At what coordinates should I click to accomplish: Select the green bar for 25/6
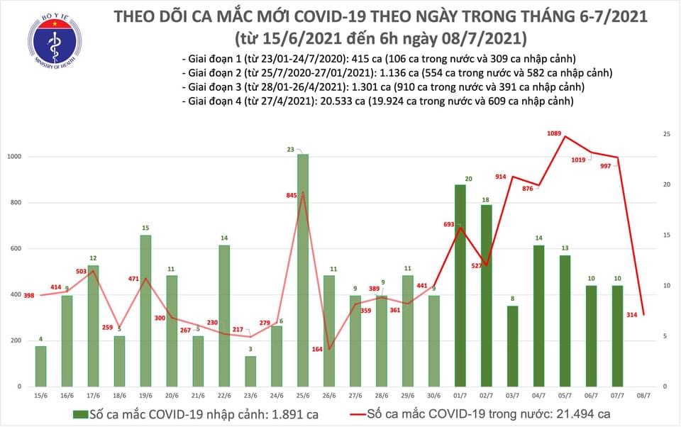click(x=302, y=270)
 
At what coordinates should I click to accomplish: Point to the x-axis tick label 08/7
click(x=643, y=394)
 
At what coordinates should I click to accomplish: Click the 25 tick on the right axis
click(x=668, y=134)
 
